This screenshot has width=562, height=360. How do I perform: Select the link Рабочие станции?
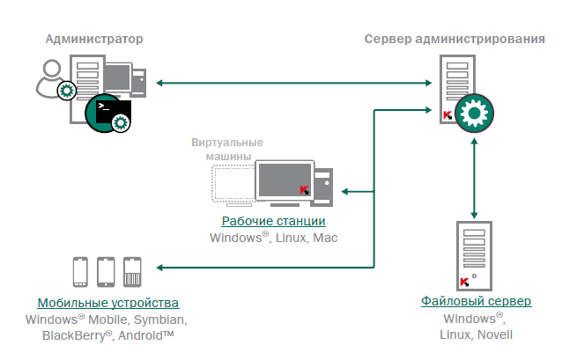pos(273,221)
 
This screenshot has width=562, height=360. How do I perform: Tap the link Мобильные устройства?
pos(108,302)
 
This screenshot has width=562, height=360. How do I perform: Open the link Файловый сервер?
pos(476,302)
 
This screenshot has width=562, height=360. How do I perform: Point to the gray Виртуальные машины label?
pos(227,149)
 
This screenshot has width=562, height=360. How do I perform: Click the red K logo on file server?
pos(463,282)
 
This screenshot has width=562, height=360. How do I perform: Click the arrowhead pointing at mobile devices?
pos(160,267)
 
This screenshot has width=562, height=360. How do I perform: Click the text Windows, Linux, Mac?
pos(273,238)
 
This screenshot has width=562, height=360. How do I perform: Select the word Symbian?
pos(161,318)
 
